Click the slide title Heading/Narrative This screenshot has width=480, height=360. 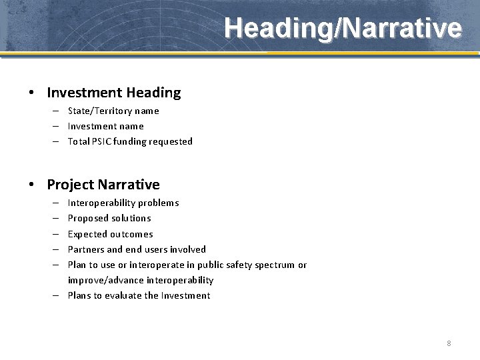coord(342,29)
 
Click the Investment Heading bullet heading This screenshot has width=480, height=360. coord(113,93)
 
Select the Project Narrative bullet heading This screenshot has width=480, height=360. coord(103,185)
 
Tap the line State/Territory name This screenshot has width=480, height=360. coord(113,111)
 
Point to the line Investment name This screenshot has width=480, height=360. coord(105,126)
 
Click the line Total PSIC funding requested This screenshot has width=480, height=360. coord(130,141)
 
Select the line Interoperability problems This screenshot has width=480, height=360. coord(123,203)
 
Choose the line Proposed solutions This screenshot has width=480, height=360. coord(109,218)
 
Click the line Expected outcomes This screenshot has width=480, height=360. coord(110,234)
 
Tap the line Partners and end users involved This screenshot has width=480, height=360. coord(137,249)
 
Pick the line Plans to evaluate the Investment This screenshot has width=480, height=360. coord(139,295)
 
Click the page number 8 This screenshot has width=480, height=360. coord(449,343)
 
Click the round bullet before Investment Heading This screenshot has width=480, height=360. coord(32,93)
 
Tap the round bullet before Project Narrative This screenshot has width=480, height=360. coord(32,185)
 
